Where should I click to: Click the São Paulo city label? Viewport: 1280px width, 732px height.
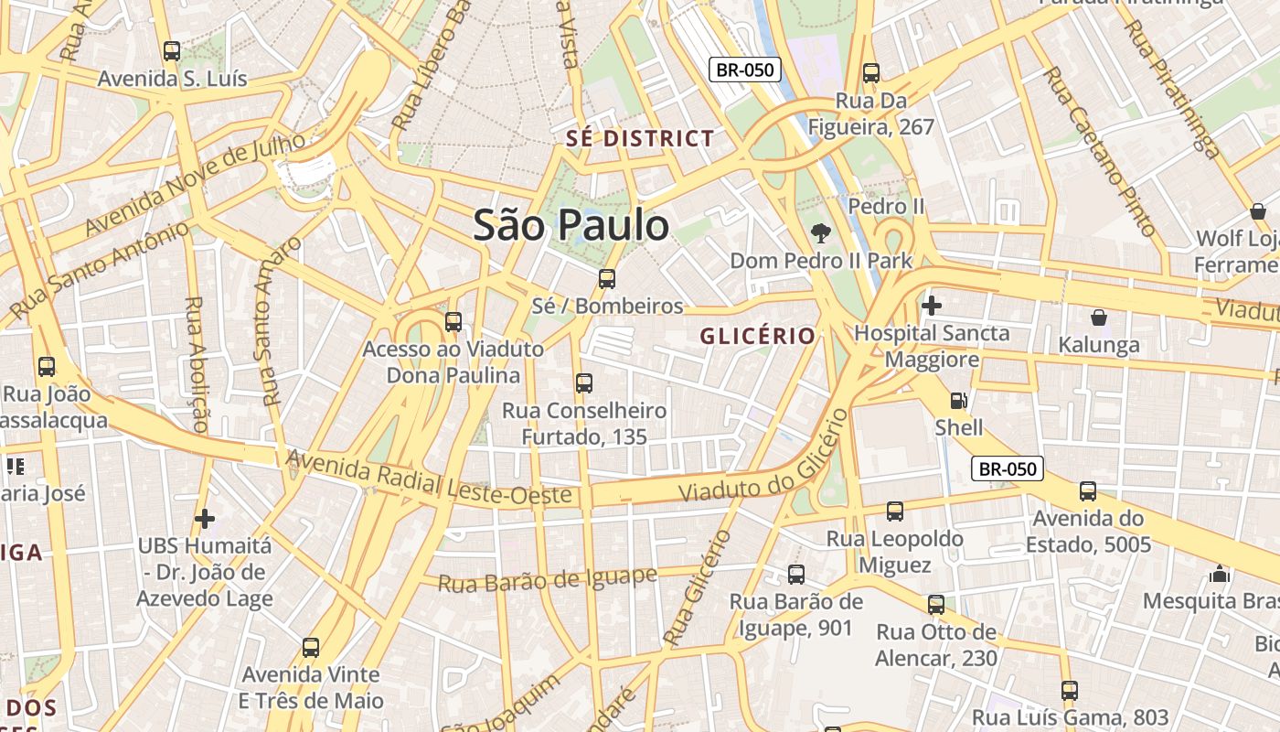571,225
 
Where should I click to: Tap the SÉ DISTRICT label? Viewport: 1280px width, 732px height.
640,139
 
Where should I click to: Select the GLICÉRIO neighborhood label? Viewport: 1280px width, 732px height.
758,336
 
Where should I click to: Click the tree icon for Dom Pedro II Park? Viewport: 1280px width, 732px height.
821,232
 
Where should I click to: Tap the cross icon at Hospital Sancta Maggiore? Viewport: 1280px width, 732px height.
931,305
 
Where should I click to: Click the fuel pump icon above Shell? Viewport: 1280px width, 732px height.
958,400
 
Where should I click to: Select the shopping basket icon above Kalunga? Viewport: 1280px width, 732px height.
1098,318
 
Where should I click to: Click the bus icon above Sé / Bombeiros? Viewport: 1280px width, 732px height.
607,279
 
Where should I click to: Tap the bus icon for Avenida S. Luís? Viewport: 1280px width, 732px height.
171,51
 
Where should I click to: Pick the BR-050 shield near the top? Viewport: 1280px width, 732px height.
744,70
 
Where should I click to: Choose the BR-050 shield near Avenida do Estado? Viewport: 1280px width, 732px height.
1007,469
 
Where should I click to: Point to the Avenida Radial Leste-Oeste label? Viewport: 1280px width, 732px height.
430,478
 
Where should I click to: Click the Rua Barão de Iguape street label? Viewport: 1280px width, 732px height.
547,579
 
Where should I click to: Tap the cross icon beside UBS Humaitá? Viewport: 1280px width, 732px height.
205,519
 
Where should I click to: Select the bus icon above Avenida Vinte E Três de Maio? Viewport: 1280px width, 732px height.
311,648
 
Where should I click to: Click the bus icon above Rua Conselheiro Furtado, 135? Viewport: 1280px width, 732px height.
584,383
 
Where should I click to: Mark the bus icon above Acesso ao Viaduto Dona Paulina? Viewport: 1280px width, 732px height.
453,322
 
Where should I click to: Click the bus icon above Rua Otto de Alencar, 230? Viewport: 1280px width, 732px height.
935,605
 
